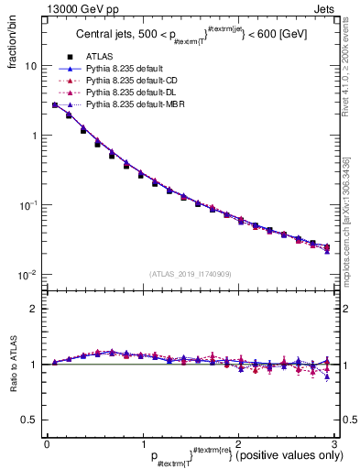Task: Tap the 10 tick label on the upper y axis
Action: tap(30, 67)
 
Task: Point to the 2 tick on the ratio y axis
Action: tap(33, 310)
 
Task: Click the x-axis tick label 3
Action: tap(334, 442)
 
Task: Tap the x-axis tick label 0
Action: tap(46, 442)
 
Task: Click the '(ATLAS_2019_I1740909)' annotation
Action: tap(190, 274)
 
